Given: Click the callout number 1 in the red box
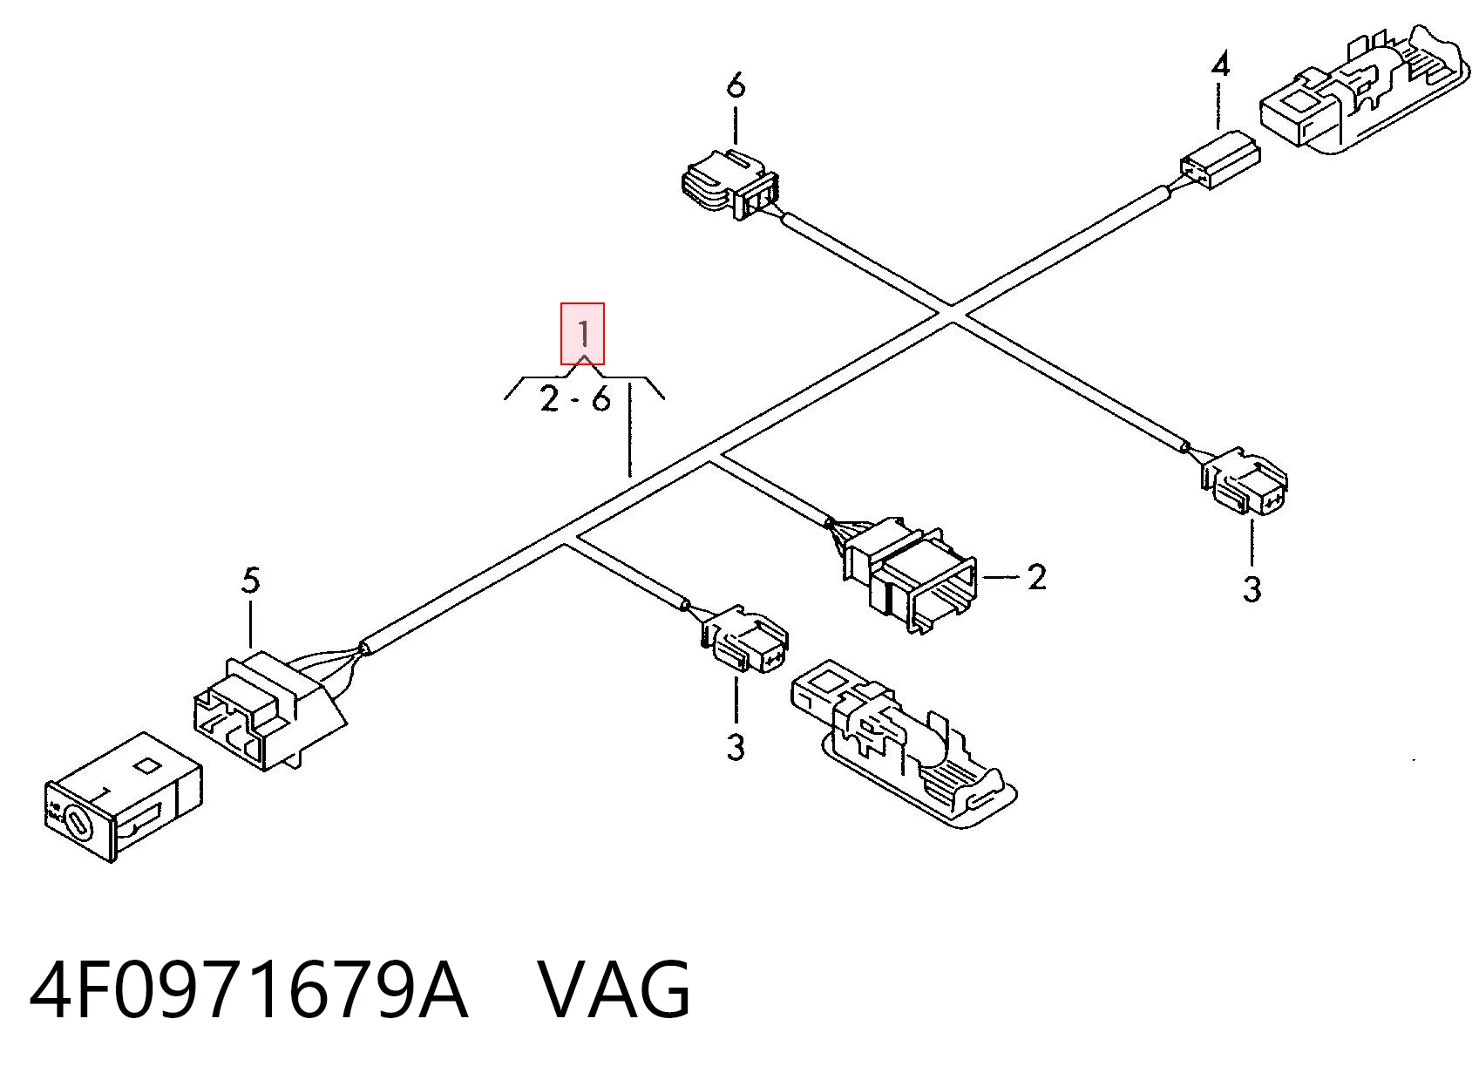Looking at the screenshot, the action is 583,334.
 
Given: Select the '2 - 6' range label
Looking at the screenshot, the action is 574,400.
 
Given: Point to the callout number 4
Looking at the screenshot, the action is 1220,66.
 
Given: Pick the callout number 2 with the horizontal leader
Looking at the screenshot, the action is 1036,577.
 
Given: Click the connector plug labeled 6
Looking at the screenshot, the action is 729,184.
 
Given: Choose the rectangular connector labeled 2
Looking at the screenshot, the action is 910,574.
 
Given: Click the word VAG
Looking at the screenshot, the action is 614,991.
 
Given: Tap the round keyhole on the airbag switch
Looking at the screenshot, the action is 78,825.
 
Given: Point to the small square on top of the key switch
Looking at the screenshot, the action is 147,765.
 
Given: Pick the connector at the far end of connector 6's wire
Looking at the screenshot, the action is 1244,481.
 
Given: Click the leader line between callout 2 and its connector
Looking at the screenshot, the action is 1001,577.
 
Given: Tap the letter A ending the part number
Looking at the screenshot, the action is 442,991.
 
